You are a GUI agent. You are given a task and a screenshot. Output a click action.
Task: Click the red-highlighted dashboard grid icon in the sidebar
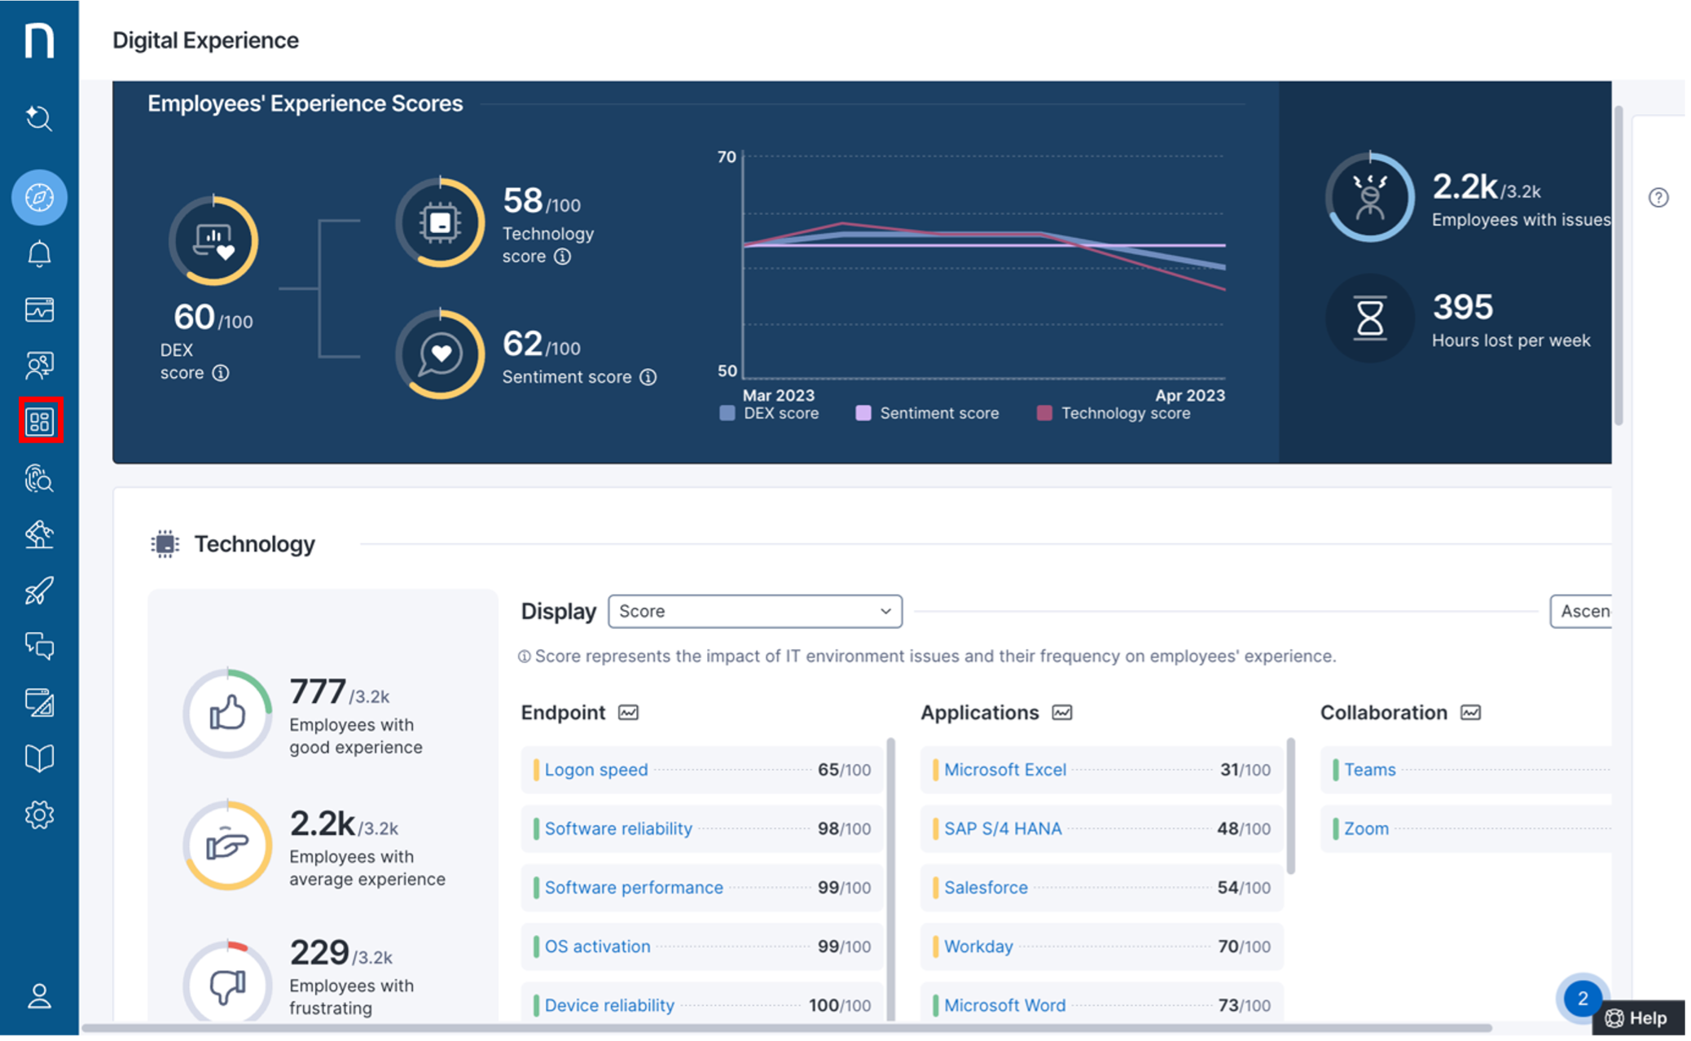40,421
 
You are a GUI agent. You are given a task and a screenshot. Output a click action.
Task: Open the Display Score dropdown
754,611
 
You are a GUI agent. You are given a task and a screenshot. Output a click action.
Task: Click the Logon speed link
595,770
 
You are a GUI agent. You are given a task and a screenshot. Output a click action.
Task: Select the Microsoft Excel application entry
1004,770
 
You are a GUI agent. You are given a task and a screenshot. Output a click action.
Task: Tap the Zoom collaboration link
1365,828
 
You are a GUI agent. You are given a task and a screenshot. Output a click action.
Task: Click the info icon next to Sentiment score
648,377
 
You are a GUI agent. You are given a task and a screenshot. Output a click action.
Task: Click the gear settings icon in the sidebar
40,815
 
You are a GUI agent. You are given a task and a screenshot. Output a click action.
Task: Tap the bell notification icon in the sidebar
40,254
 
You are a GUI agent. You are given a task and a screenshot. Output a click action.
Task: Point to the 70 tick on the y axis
727,156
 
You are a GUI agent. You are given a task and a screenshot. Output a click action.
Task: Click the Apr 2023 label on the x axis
1189,395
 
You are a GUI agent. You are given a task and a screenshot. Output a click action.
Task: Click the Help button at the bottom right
1638,1018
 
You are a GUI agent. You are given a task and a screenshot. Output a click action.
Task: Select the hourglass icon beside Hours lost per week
1369,318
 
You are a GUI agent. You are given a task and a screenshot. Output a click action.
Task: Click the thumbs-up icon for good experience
227,713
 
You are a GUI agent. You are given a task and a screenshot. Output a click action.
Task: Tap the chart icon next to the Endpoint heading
628,713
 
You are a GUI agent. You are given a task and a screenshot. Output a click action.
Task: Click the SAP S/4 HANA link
1002,828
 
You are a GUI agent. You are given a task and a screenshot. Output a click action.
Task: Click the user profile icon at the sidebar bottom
40,995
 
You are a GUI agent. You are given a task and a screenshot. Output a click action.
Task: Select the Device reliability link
608,1005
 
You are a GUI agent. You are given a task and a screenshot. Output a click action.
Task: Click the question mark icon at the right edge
1658,197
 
